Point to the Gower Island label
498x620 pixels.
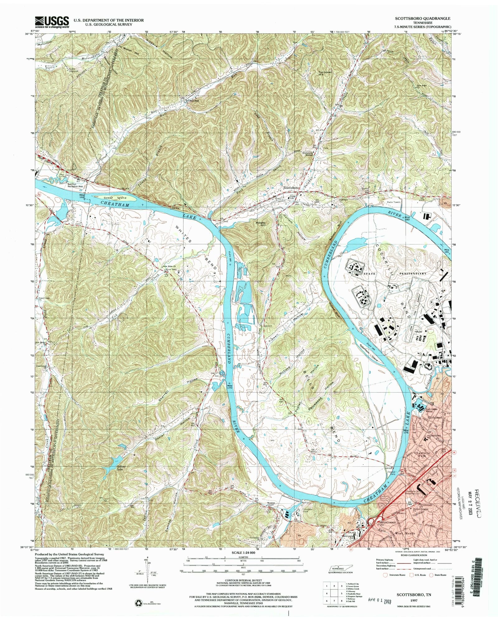pyautogui.click(x=112, y=198)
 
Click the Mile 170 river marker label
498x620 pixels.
pyautogui.click(x=230, y=384)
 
